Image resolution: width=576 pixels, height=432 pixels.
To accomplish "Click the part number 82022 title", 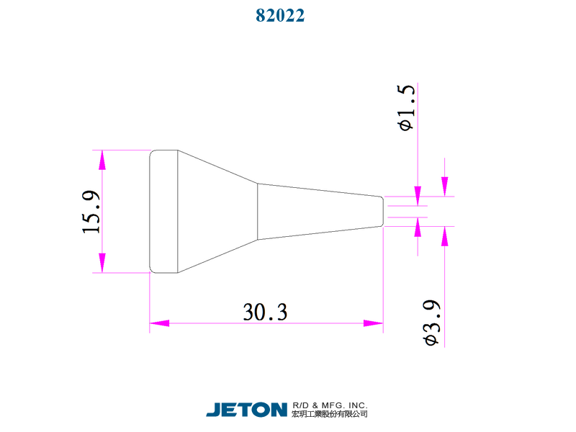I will click(280, 15).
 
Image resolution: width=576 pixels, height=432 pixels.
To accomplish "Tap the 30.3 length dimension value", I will click(265, 312).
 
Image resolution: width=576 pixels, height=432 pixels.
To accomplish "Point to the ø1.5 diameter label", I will click(406, 108).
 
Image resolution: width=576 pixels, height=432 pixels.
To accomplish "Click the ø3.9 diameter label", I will click(432, 322).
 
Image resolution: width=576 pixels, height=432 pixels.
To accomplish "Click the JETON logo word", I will click(246, 410).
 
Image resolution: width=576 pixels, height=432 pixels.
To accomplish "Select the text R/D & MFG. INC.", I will click(330, 405).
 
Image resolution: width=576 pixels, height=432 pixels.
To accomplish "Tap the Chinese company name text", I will click(330, 415).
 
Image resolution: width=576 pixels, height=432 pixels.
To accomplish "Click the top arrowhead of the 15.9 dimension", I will click(102, 159).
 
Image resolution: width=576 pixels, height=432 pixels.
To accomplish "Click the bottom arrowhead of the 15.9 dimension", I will click(102, 264).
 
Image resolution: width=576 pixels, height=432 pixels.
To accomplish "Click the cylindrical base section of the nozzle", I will click(163, 212).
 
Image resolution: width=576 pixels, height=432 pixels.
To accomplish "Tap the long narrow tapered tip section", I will click(317, 211).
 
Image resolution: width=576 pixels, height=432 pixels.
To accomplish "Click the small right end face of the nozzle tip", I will click(382, 211).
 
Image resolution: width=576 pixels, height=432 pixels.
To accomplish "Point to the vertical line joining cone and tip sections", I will click(258, 211).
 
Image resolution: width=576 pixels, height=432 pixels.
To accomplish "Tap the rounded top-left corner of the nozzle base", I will click(151, 153).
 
